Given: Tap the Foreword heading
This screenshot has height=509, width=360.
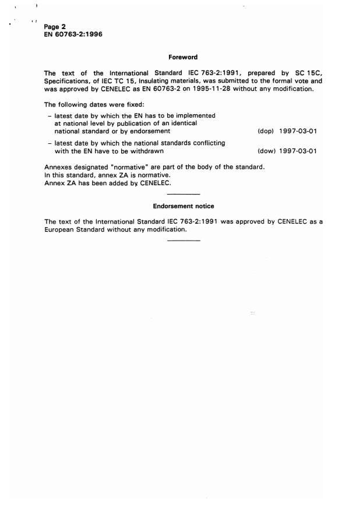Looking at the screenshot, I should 183,57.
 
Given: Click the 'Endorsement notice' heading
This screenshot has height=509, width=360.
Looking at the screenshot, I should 183,206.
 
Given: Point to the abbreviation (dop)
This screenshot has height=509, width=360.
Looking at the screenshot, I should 265,132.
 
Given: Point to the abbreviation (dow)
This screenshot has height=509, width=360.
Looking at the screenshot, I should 266,151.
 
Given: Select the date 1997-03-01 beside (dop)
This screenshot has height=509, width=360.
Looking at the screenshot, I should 298,132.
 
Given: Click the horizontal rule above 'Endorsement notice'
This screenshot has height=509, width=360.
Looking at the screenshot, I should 183,193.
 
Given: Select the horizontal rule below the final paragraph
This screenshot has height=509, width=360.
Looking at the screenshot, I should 183,241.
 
